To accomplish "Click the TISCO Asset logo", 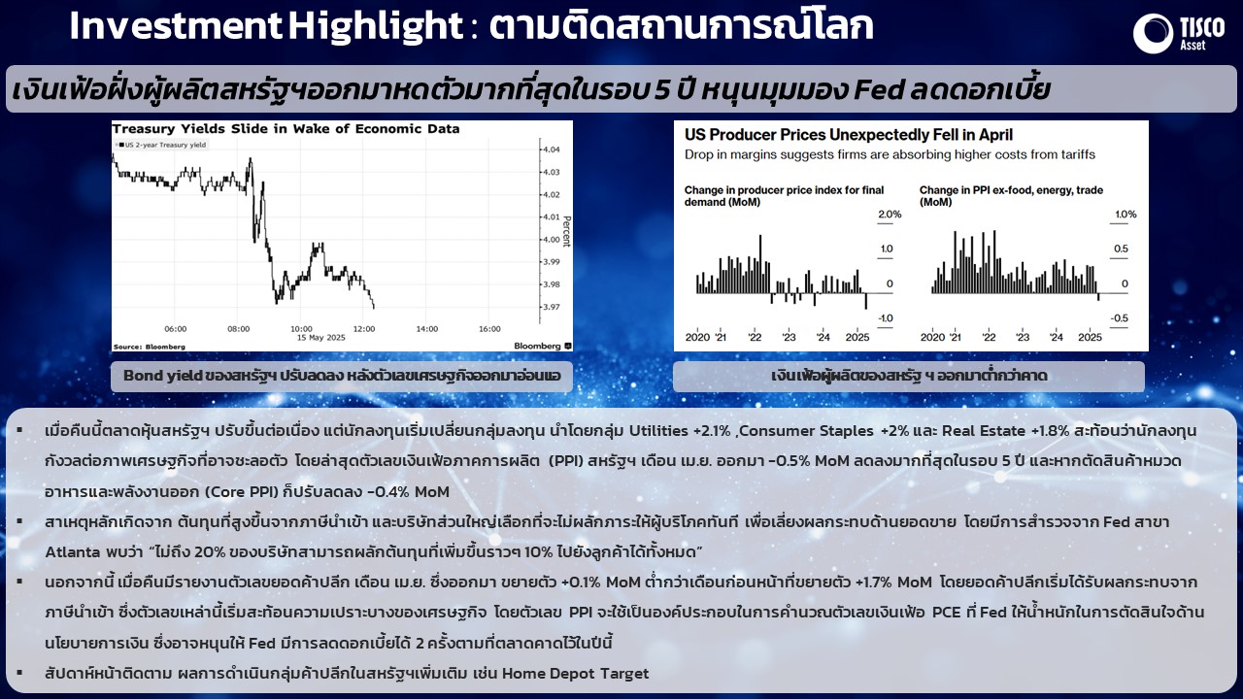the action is coord(1179,33).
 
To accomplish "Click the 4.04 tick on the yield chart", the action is coord(551,150).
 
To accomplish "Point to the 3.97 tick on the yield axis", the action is coord(551,307).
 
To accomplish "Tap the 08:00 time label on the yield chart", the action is coord(239,329).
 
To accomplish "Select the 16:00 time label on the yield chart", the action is coord(489,329).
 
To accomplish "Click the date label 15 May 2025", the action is coord(321,338).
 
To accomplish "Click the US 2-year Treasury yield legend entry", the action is coord(162,145).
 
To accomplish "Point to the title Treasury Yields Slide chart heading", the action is coord(286,129).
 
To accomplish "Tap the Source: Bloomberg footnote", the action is coord(150,347).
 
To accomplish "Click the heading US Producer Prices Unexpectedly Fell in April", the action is coord(849,135).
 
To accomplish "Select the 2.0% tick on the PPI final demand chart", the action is coord(890,215).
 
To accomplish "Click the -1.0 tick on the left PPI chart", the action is coord(886,318).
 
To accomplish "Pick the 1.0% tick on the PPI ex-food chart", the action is coord(1125,215).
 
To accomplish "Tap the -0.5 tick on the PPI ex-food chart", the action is coord(1120,318).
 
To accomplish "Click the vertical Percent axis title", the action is coord(566,231).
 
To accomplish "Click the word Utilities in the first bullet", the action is coord(658,431).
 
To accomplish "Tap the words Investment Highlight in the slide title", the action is coord(266,25).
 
